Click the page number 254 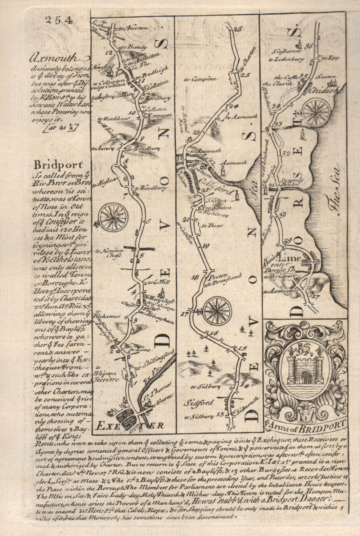(59, 20)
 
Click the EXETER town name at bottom (130, 426)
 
